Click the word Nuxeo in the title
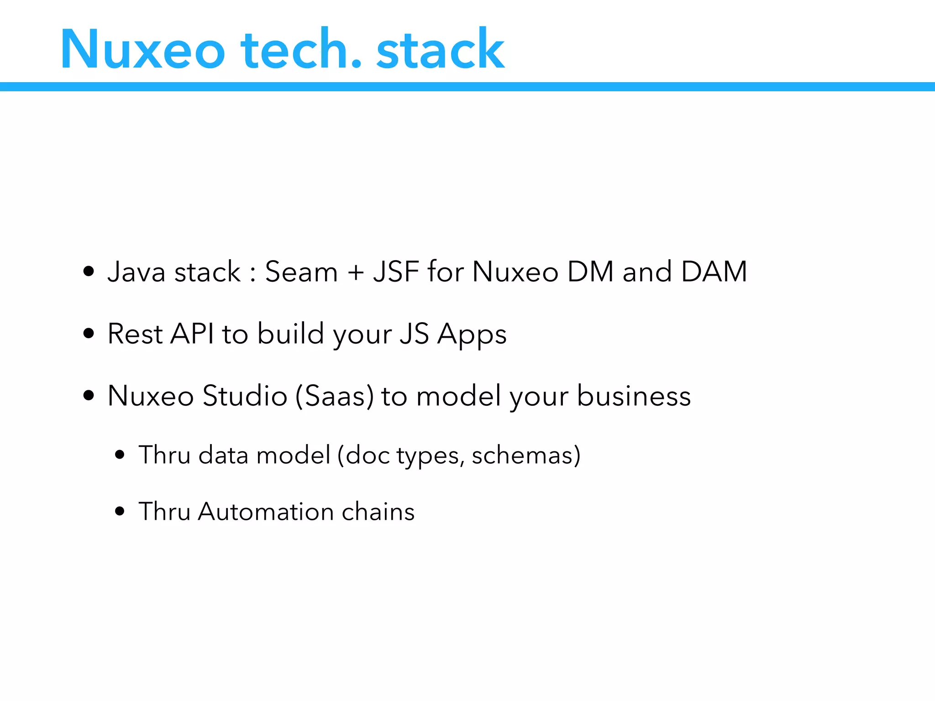[142, 49]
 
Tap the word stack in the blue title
[440, 49]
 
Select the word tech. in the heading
[301, 49]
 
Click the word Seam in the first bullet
[301, 272]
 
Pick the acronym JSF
[396, 272]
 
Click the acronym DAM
[714, 272]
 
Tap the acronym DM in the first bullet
[590, 272]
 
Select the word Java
[136, 272]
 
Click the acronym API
[192, 334]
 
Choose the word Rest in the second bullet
[135, 334]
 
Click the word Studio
[245, 396]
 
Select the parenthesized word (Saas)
[335, 396]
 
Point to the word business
[634, 396]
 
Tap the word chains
[378, 512]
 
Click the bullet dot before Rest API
[89, 334]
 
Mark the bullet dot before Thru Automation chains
[120, 511]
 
